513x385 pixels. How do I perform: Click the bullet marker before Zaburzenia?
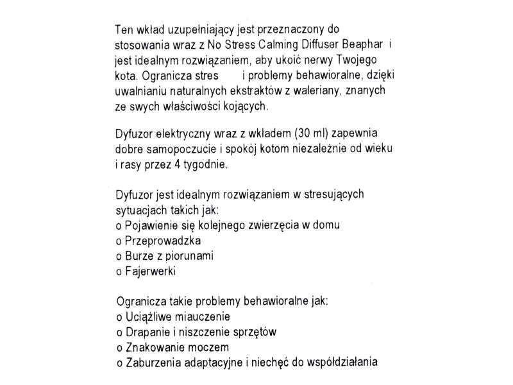click(119, 363)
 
